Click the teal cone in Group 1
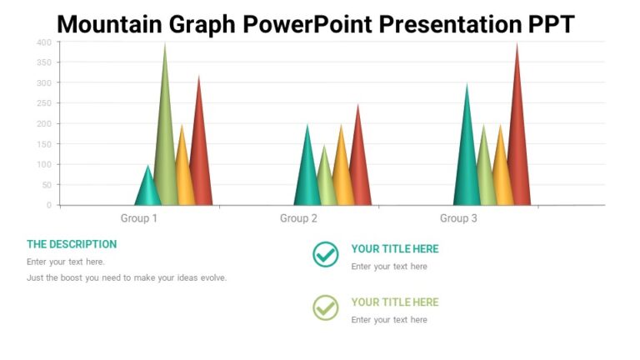(147, 190)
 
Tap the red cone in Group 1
(200, 158)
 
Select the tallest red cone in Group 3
(517, 142)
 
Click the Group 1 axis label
(139, 218)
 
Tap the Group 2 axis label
(298, 218)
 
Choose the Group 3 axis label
(458, 218)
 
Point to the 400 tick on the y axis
(44, 42)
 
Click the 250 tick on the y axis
(44, 103)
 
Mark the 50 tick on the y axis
(47, 185)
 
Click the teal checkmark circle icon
(326, 254)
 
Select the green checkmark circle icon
(326, 307)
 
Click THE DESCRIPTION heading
(72, 244)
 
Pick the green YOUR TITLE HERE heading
(394, 302)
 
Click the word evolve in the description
(211, 278)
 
